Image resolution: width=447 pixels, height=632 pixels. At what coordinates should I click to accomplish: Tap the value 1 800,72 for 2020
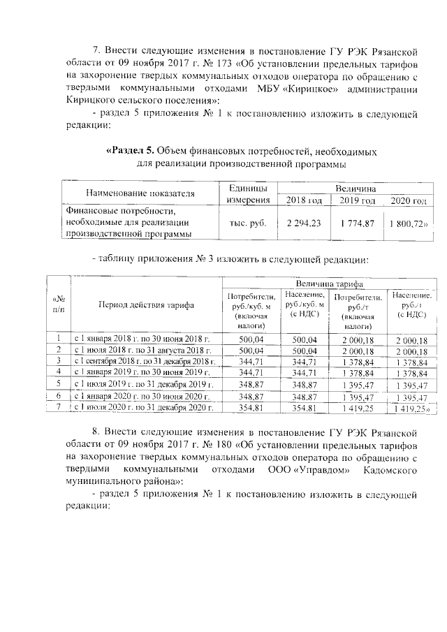406,223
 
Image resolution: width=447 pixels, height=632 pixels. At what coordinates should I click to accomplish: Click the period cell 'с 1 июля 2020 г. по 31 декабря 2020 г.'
142,406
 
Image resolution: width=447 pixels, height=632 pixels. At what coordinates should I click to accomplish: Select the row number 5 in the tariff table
59,383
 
